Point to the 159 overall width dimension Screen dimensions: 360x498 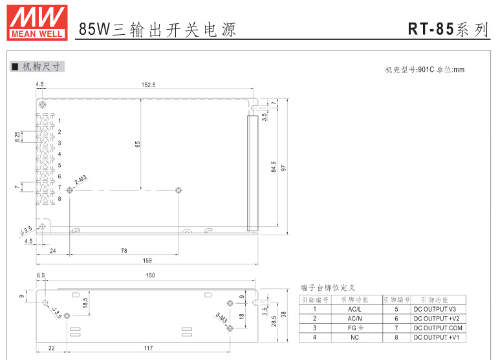coord(147,260)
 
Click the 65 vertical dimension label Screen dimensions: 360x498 coord(137,144)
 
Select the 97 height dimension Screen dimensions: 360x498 coord(283,167)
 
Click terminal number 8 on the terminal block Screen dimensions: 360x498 coord(60,198)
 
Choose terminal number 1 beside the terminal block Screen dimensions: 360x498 coord(60,121)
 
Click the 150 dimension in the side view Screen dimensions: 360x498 coord(150,276)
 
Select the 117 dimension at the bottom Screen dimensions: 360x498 coord(148,348)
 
